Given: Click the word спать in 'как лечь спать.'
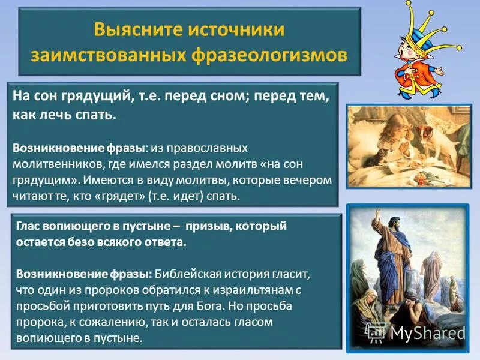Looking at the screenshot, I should coord(96,114).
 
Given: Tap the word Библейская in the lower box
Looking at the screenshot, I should coord(185,274).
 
